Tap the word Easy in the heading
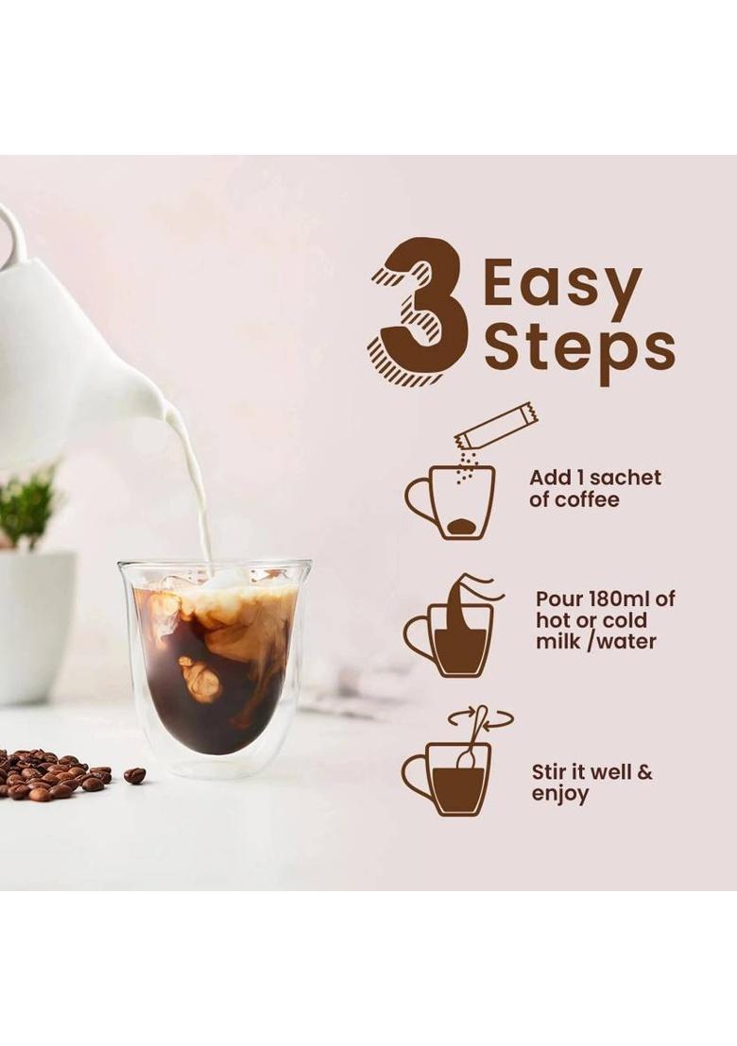point(562,285)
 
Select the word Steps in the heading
point(579,348)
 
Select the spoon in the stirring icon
point(472,736)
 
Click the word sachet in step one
point(625,478)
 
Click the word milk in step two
point(557,642)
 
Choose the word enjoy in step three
point(559,794)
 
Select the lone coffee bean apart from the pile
point(135,775)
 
